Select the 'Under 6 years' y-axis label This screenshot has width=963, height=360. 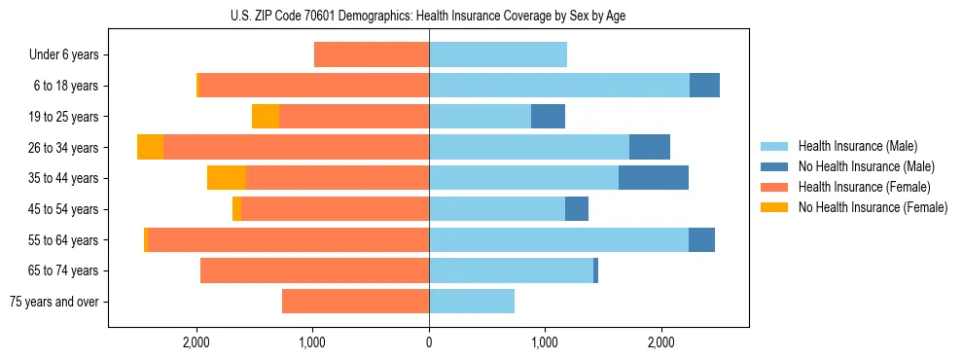tap(63, 54)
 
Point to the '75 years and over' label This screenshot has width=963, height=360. tap(53, 302)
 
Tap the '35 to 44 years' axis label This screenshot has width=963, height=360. tap(63, 178)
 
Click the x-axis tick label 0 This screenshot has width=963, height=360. tap(429, 342)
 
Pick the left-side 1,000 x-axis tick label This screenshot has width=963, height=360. tap(312, 342)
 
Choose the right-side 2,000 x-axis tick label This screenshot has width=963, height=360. tap(660, 342)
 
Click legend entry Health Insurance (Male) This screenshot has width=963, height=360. tap(856, 146)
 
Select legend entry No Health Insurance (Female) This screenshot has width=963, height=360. tap(873, 207)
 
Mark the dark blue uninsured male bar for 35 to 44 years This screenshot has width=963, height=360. tap(654, 178)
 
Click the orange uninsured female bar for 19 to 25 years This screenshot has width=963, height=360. tap(266, 117)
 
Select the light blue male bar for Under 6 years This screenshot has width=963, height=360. tap(498, 54)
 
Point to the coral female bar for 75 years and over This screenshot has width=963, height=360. tap(355, 302)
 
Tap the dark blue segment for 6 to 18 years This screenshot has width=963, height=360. tap(704, 86)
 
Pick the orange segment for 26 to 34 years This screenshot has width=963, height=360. tap(150, 147)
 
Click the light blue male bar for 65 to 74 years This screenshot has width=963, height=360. tap(511, 270)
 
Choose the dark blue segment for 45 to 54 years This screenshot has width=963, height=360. tap(577, 209)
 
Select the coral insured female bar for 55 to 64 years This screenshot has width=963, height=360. tap(288, 239)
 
